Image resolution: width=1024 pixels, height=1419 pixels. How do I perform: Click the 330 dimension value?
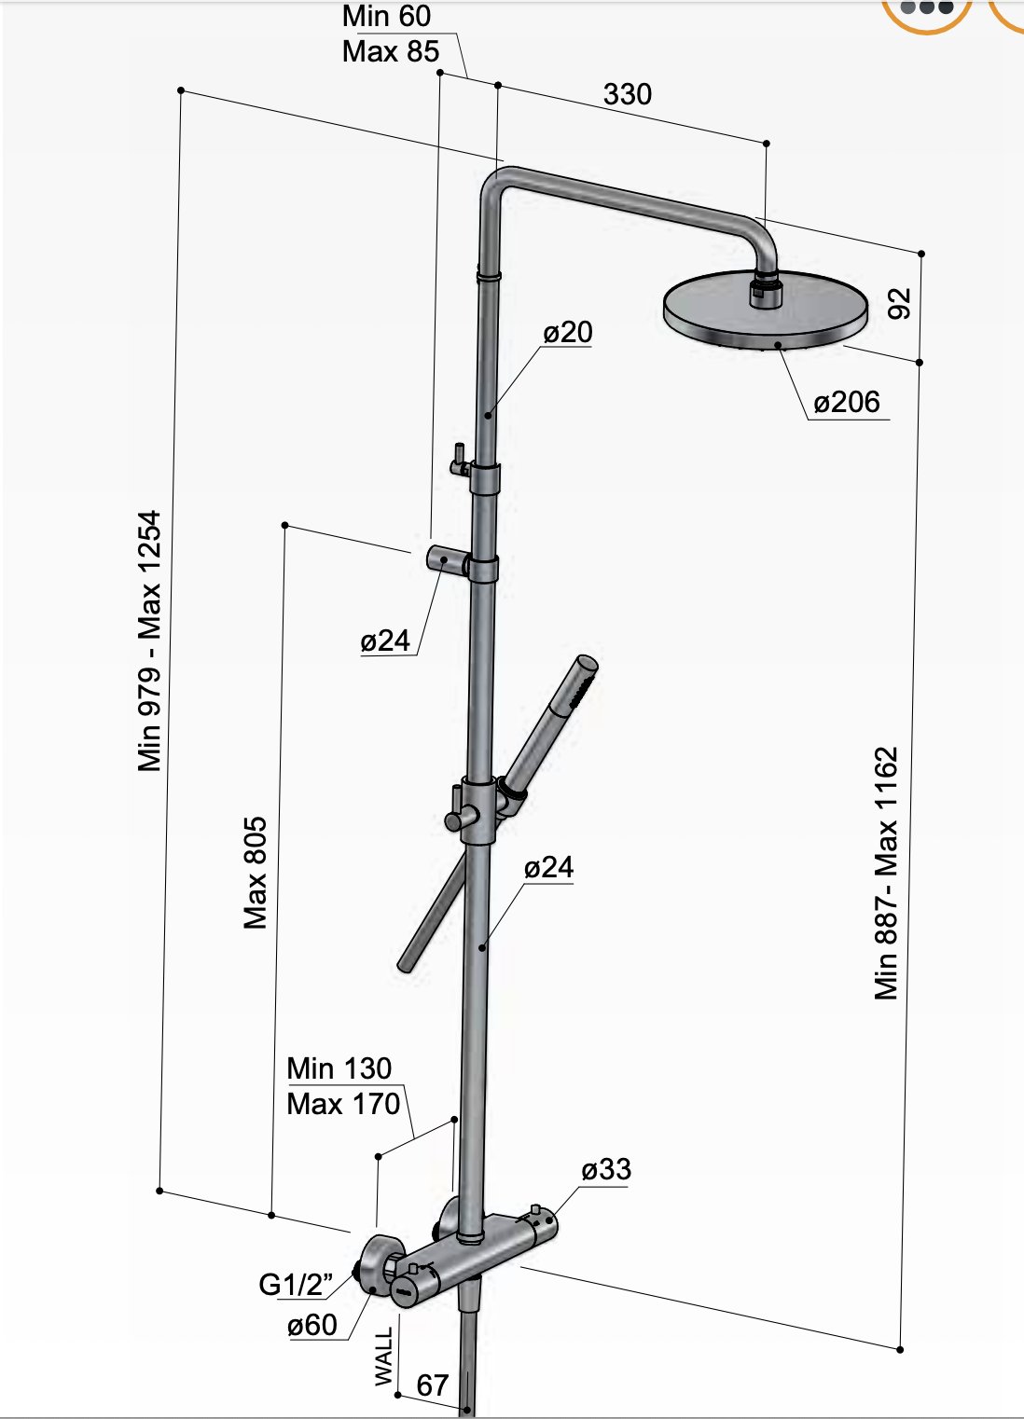point(627,94)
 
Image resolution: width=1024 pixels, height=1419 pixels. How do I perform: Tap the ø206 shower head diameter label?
point(846,402)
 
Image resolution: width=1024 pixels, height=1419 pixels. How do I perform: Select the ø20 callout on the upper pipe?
point(567,332)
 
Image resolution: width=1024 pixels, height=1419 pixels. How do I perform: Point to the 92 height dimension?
point(898,304)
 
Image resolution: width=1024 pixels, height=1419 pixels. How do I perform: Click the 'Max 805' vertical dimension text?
point(255,873)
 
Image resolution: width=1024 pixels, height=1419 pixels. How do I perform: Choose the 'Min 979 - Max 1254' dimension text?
point(149,641)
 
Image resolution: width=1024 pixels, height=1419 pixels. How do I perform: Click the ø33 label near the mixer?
point(605,1169)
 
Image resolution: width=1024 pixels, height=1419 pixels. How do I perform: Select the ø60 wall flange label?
point(312,1324)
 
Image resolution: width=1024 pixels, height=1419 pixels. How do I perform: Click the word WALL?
point(383,1356)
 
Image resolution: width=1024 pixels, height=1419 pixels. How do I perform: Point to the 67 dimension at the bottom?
point(432,1385)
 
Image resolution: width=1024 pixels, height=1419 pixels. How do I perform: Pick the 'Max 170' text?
point(343,1104)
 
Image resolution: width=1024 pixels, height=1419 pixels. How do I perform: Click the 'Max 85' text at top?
point(390,51)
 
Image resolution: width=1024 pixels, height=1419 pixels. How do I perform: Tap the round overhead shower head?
point(765,312)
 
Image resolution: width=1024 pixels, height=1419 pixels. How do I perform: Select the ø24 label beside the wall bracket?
point(385,641)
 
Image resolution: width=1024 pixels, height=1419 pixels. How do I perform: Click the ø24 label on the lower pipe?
point(548,867)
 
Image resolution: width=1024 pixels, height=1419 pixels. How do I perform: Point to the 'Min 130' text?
point(339,1068)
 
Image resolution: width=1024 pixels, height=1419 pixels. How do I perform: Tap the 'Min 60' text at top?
point(386,16)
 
